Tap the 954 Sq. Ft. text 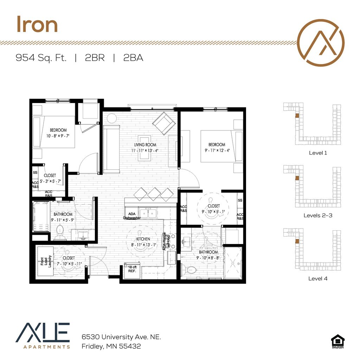click(41, 58)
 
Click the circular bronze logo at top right click(321, 42)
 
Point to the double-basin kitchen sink click(148, 213)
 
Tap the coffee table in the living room click(145, 147)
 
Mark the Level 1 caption click(318, 153)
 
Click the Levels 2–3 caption click(318, 215)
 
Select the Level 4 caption click(318, 278)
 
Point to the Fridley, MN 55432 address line click(111, 346)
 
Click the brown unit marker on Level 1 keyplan click(296, 115)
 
